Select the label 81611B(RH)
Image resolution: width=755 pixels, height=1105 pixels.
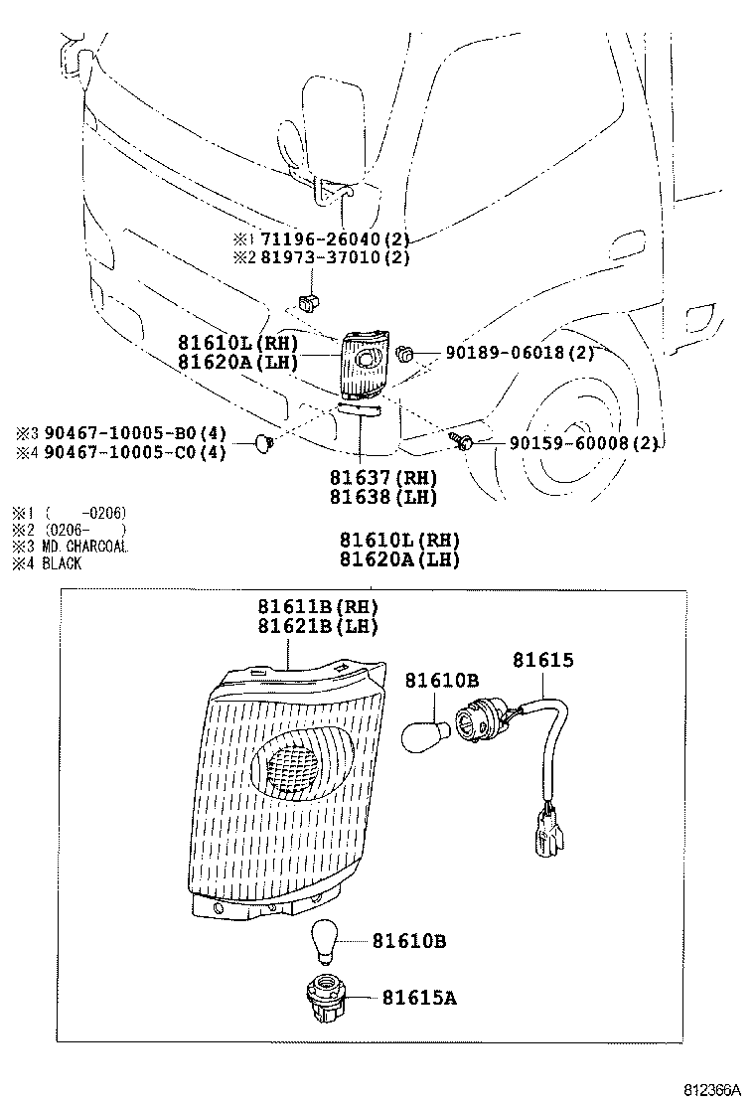point(318,607)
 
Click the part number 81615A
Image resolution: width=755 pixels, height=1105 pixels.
point(419,997)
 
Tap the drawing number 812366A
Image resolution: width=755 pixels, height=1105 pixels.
point(712,1089)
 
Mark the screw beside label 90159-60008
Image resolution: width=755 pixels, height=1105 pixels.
point(464,440)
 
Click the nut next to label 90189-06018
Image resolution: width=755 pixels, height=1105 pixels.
point(404,352)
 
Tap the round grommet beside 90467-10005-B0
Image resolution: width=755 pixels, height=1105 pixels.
point(264,440)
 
